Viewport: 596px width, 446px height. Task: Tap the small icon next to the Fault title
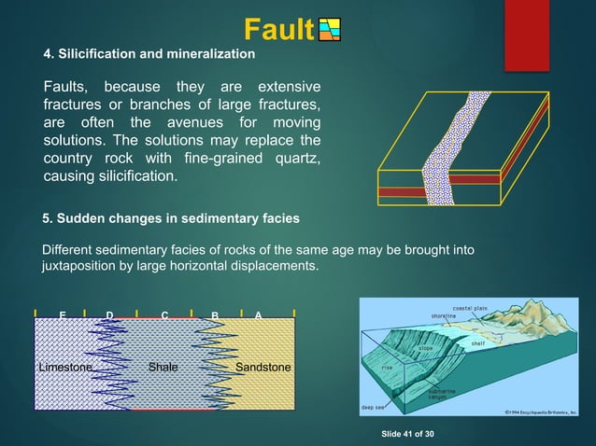click(x=330, y=31)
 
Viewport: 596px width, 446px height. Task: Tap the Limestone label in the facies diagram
click(x=65, y=368)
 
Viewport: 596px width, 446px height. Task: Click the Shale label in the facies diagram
click(x=163, y=368)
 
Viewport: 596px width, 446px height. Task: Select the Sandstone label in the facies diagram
click(x=263, y=368)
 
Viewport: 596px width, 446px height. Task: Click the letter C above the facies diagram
click(x=164, y=315)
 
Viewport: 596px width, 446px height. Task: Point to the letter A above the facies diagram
click(x=258, y=315)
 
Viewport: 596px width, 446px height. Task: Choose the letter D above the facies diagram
click(x=110, y=315)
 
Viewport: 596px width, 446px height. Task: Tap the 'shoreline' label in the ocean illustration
click(x=443, y=316)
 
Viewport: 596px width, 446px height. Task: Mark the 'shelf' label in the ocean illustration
click(x=477, y=342)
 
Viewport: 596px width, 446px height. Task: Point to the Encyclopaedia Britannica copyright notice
click(x=542, y=410)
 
